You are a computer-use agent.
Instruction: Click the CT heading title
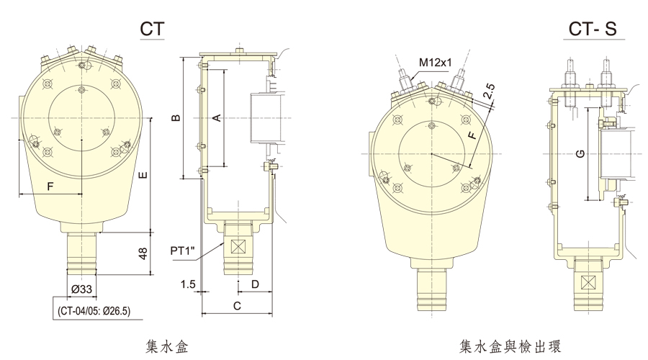(152, 29)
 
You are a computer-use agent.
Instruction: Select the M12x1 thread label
(434, 63)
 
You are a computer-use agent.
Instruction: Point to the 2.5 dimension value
(489, 91)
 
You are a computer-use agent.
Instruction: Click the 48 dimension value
(143, 253)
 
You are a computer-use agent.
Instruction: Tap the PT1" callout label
(186, 251)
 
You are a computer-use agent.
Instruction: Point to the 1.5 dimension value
(189, 285)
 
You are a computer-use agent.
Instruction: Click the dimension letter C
(237, 306)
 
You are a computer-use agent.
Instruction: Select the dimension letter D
(255, 285)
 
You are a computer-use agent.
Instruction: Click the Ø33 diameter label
(81, 290)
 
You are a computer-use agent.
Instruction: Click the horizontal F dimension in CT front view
(50, 186)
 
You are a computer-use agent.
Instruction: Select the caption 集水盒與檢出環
(509, 346)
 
